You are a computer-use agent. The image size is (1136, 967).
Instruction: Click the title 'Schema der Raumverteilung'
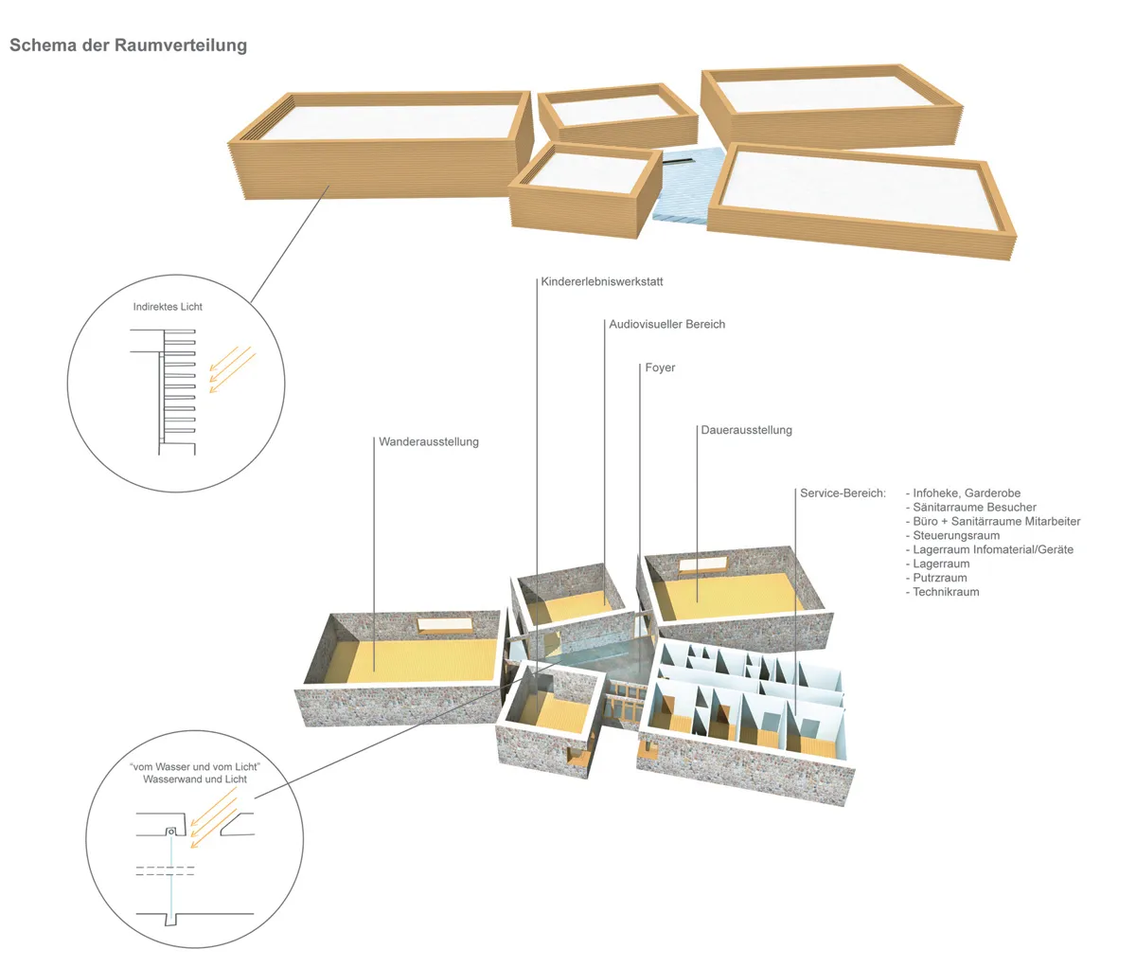click(129, 45)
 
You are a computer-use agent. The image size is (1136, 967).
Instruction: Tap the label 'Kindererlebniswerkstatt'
click(602, 281)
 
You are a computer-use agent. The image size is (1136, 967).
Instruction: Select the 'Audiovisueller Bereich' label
click(666, 324)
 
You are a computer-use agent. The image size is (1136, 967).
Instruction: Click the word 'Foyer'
click(660, 367)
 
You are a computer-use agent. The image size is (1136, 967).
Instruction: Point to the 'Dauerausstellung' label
click(746, 430)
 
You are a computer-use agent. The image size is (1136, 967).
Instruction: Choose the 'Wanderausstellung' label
click(429, 442)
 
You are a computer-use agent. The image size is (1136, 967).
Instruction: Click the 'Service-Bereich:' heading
click(843, 493)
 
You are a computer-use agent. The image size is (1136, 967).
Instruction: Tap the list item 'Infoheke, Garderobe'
click(967, 493)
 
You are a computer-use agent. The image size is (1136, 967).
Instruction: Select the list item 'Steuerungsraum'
click(956, 535)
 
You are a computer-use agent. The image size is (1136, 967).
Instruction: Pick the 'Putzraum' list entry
click(940, 578)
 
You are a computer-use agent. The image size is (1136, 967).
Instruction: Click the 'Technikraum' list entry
click(946, 592)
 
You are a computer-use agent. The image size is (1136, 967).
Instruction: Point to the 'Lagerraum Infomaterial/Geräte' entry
click(993, 549)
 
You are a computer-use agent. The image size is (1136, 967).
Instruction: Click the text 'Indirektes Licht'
click(168, 307)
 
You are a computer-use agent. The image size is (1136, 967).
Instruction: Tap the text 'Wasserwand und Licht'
click(195, 779)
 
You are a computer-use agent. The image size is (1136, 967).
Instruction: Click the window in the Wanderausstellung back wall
click(445, 625)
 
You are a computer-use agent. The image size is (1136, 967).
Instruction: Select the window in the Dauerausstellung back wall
click(703, 564)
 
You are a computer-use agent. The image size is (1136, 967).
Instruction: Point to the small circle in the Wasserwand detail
click(171, 832)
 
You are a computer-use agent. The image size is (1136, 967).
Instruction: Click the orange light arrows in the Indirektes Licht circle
click(233, 369)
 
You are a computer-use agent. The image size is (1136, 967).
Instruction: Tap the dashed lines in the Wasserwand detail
click(165, 870)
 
